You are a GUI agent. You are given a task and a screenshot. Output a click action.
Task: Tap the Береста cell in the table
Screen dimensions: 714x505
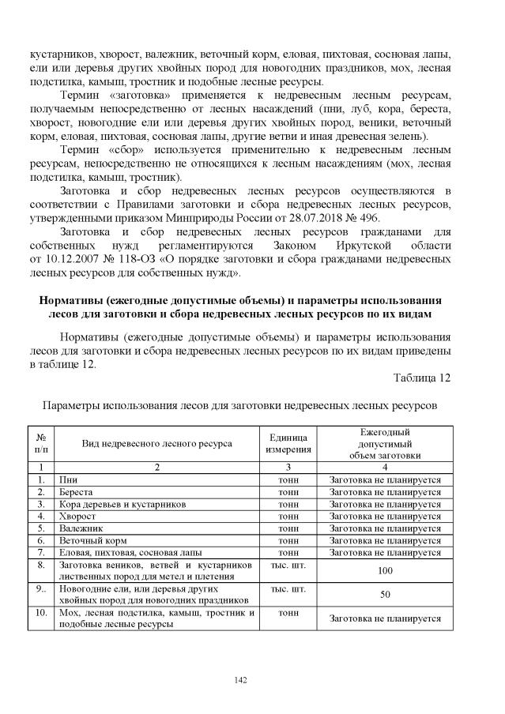pyautogui.click(x=76, y=491)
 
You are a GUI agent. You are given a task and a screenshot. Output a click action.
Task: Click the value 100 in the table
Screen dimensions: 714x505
pyautogui.click(x=386, y=569)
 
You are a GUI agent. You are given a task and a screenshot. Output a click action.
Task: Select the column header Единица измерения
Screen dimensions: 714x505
pyautogui.click(x=288, y=443)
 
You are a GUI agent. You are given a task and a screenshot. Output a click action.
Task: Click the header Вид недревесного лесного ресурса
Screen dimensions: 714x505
pyautogui.click(x=156, y=443)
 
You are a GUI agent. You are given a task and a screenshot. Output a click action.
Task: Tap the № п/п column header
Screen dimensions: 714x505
pyautogui.click(x=40, y=443)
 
